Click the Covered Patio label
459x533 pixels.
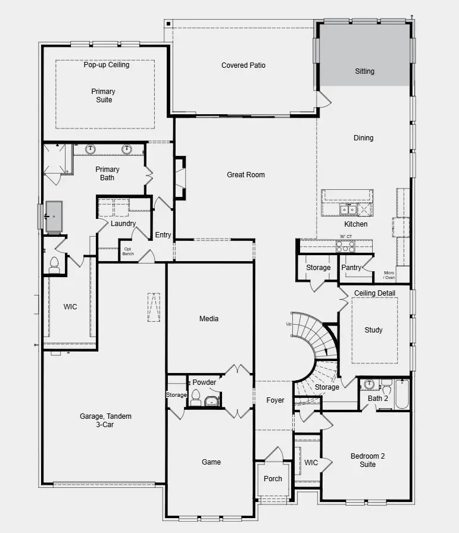click(243, 65)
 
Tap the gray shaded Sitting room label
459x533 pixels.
click(364, 71)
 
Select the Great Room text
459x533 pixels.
click(245, 175)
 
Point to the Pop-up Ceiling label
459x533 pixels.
click(106, 65)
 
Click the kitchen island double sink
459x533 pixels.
click(348, 209)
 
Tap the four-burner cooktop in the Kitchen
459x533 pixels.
click(345, 246)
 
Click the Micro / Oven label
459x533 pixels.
click(389, 275)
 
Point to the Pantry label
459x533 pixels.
click(351, 268)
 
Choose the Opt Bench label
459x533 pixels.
click(129, 252)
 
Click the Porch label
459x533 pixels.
click(273, 479)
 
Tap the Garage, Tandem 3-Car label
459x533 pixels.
click(105, 420)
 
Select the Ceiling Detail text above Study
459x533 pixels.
click(374, 293)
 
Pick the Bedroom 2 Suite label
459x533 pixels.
click(367, 460)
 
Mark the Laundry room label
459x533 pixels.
click(123, 224)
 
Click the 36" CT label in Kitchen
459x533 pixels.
click(345, 236)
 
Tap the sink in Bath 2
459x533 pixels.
click(370, 384)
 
